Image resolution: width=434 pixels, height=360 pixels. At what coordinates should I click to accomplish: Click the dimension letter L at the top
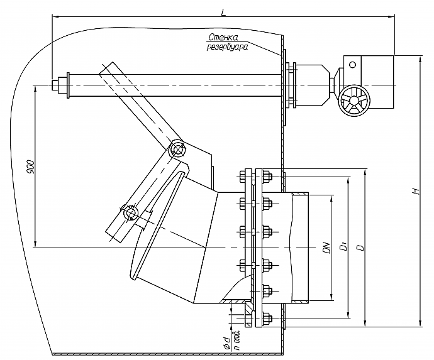coord(223,13)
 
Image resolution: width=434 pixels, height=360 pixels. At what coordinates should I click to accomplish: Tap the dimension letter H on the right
coord(416,191)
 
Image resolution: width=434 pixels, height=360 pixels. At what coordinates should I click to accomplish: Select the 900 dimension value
coord(30,166)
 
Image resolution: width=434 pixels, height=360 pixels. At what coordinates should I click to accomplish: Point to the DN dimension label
coord(327,248)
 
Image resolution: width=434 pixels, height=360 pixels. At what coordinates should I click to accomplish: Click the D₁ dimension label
coord(344,246)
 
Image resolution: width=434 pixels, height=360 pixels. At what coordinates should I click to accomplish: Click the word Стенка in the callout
coord(223,37)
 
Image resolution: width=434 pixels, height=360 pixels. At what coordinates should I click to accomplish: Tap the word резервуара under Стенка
coord(227,47)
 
